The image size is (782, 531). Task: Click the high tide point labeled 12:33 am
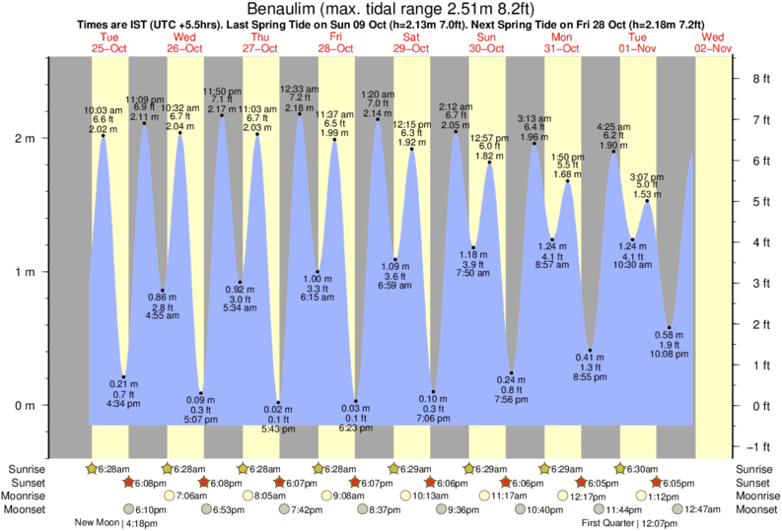(x=300, y=114)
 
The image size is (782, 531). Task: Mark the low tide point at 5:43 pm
(x=278, y=402)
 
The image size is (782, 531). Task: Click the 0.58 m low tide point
(x=669, y=327)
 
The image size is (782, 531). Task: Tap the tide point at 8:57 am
(x=552, y=239)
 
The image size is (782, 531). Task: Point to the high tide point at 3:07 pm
(x=647, y=201)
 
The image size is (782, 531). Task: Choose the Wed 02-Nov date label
(x=713, y=41)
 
